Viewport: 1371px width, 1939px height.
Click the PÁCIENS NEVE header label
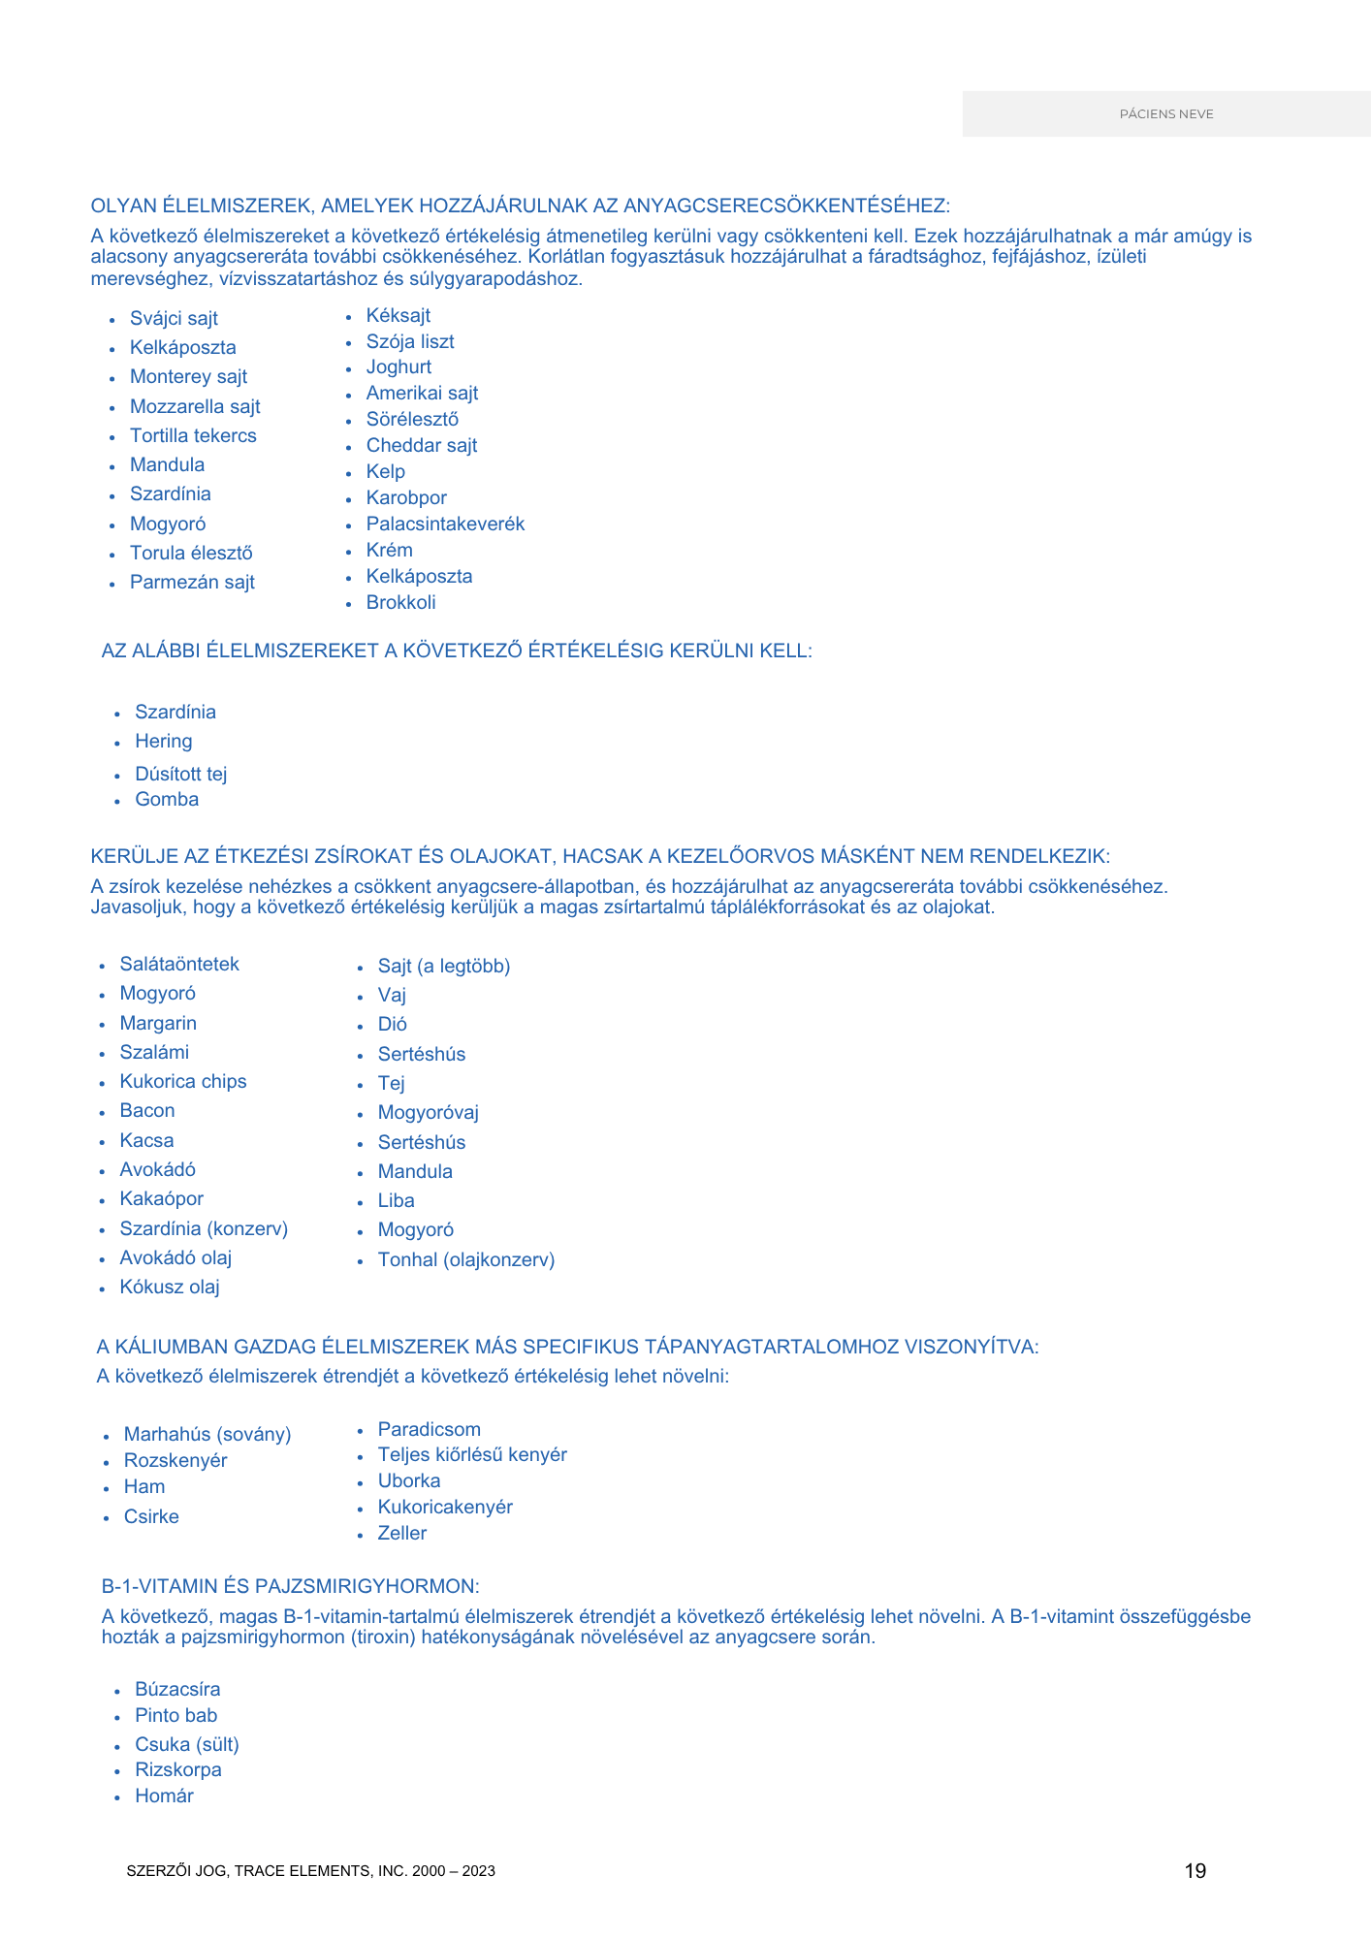[1165, 114]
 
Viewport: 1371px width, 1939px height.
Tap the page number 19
[1195, 1871]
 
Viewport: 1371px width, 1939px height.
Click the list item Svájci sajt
[174, 319]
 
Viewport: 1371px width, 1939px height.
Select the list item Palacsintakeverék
[445, 524]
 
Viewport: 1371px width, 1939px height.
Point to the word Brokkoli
[400, 603]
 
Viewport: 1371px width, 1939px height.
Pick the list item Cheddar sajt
[421, 446]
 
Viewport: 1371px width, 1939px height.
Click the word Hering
[163, 742]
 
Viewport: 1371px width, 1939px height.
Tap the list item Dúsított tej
[180, 775]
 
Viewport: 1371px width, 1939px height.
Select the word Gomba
[167, 800]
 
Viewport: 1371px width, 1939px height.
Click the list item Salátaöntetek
[178, 965]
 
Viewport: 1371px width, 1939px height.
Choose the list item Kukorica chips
[182, 1082]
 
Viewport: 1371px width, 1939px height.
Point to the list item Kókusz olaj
[169, 1287]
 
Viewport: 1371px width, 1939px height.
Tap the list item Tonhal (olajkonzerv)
[465, 1260]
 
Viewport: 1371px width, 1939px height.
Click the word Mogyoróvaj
[428, 1113]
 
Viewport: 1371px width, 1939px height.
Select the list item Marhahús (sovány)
[207, 1435]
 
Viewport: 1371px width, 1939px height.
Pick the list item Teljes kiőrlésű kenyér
[471, 1455]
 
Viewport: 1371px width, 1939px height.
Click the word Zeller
[401, 1534]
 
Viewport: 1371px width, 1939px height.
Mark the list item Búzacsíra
[177, 1690]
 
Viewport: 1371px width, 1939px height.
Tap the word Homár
[164, 1796]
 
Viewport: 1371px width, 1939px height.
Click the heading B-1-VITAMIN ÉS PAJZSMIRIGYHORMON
[290, 1587]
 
